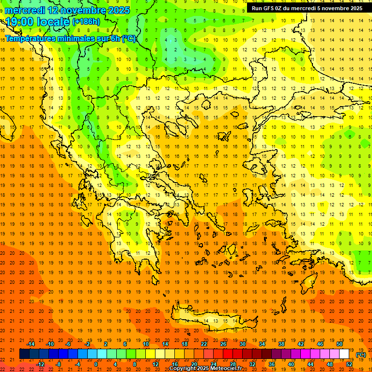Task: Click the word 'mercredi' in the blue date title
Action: click(x=25, y=10)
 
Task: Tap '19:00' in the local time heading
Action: click(x=22, y=22)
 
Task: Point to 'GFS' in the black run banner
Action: click(x=269, y=8)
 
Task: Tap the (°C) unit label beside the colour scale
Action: click(x=361, y=355)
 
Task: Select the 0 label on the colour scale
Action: click(x=95, y=364)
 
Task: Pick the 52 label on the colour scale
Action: click(x=349, y=364)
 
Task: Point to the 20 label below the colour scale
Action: click(x=194, y=364)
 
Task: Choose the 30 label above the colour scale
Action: click(x=243, y=344)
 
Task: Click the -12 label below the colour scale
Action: click(x=41, y=364)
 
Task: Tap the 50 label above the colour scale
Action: click(x=340, y=344)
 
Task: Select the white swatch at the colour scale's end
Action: click(x=344, y=354)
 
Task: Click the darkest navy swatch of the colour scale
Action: click(x=24, y=354)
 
